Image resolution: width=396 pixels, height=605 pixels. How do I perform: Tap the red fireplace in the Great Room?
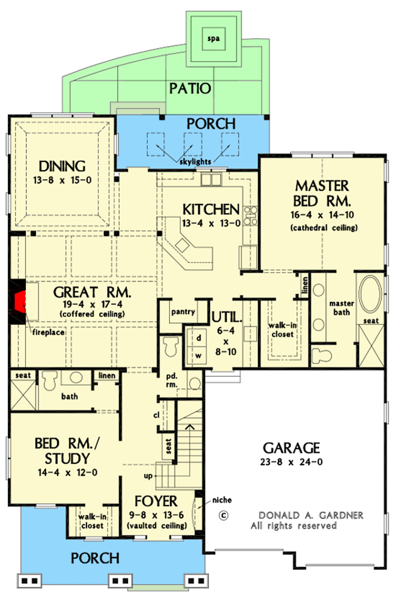20,299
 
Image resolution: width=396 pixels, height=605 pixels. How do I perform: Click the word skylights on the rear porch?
195,162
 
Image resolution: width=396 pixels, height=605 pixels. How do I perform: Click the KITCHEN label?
211,210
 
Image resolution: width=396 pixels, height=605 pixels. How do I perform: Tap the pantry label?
182,312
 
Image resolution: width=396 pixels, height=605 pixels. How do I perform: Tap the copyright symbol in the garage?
223,516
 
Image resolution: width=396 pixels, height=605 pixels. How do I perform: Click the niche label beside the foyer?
220,500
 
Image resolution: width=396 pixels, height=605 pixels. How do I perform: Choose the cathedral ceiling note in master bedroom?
323,228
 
